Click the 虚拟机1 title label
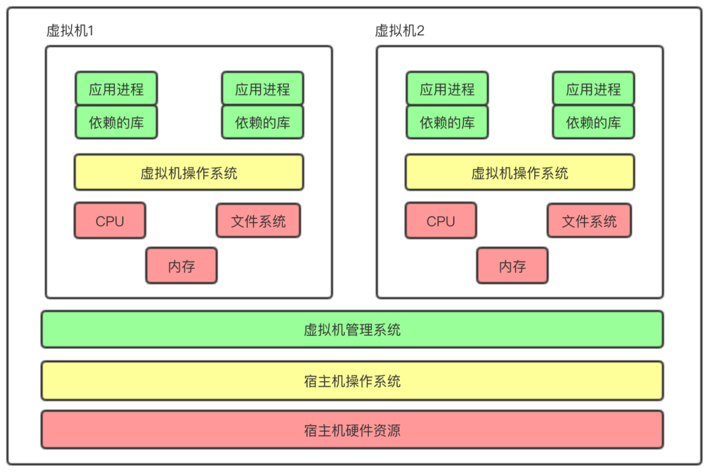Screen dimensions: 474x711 pos(70,31)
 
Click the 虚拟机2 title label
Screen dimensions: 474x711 pos(399,31)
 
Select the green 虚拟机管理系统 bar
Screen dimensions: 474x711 pos(352,330)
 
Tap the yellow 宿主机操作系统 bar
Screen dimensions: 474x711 pos(352,381)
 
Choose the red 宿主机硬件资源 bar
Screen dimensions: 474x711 pos(352,430)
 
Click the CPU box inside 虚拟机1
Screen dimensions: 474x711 pos(110,221)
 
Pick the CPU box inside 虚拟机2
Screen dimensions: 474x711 pos(440,221)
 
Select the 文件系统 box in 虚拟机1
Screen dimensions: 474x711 pos(258,221)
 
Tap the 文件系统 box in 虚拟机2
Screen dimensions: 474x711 pos(589,221)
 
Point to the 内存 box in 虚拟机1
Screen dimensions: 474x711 pos(182,266)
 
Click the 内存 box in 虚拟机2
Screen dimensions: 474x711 pos(512,266)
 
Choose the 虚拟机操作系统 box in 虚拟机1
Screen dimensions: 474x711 pos(189,173)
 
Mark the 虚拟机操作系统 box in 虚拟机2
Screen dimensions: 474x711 pos(520,173)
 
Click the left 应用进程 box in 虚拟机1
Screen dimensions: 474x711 pos(116,88)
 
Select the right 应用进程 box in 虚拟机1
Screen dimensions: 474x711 pos(263,88)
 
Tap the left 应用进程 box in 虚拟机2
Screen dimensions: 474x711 pos(447,88)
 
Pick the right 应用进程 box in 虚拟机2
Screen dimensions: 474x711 pos(593,88)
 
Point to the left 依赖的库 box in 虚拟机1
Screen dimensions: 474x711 pos(116,122)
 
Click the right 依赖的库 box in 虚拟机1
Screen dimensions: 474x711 pos(263,122)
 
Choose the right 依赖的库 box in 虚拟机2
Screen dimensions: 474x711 pos(593,122)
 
